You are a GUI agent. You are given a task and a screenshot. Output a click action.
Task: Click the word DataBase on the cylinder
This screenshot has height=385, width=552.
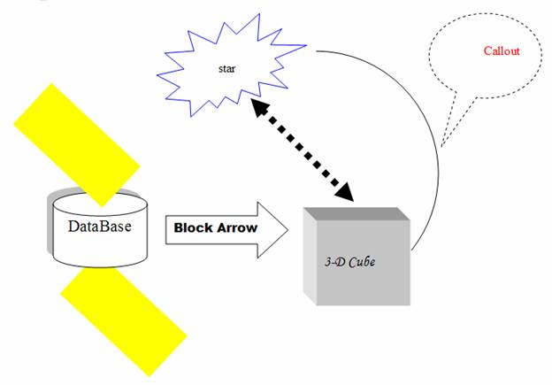(98, 226)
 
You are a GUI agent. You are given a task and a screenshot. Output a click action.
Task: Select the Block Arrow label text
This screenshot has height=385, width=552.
(215, 227)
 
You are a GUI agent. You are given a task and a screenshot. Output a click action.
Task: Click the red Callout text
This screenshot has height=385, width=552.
(502, 51)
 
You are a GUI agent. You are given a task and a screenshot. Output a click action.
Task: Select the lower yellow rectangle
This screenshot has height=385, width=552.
(124, 318)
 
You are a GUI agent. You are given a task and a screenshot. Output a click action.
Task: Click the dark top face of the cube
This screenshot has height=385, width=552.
(353, 214)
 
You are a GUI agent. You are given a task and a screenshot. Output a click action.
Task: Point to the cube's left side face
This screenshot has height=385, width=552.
(309, 257)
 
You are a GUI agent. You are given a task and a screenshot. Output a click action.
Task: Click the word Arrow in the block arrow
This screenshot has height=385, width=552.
(239, 227)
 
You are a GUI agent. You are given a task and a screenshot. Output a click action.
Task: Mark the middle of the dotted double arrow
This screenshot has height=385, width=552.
(301, 151)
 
